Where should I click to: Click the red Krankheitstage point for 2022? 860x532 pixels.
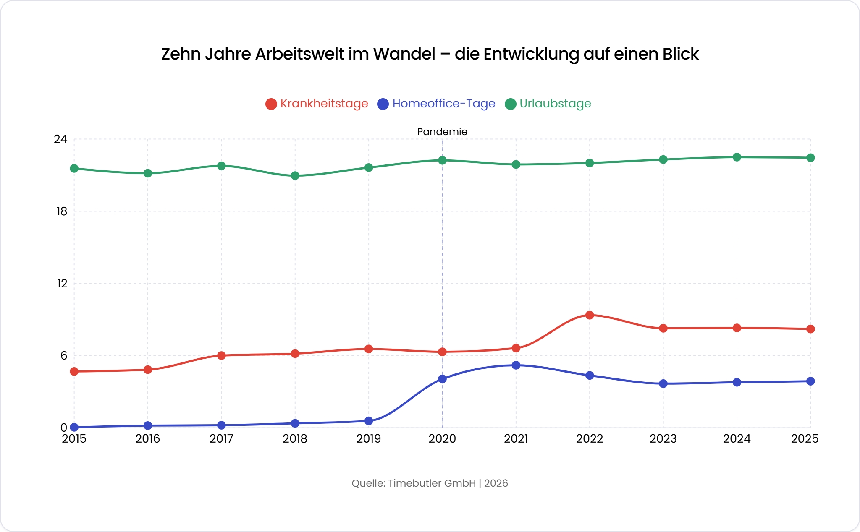tap(590, 315)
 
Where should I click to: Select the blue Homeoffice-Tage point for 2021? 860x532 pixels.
tap(516, 365)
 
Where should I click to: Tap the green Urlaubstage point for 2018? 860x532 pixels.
tap(295, 175)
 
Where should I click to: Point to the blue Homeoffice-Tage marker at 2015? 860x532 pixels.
tap(74, 427)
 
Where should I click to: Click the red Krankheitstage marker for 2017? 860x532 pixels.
tap(221, 355)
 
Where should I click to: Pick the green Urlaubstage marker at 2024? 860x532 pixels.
tap(737, 157)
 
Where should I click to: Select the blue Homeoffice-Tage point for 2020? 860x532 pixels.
tap(442, 379)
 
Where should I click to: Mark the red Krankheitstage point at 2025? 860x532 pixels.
tap(810, 329)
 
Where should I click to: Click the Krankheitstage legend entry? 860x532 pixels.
tap(317, 104)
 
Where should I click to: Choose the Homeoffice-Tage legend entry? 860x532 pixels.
tap(437, 104)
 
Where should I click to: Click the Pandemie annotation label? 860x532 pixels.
tap(442, 132)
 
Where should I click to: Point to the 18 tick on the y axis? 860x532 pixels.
tap(62, 211)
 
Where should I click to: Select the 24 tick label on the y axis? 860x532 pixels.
tap(60, 139)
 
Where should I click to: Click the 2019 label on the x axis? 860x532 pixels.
tap(369, 439)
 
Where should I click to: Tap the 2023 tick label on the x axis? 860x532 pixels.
tap(663, 439)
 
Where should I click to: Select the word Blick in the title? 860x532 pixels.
tap(680, 54)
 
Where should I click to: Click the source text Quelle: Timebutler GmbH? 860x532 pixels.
tap(414, 483)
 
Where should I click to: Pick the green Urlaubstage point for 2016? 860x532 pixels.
tap(148, 173)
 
